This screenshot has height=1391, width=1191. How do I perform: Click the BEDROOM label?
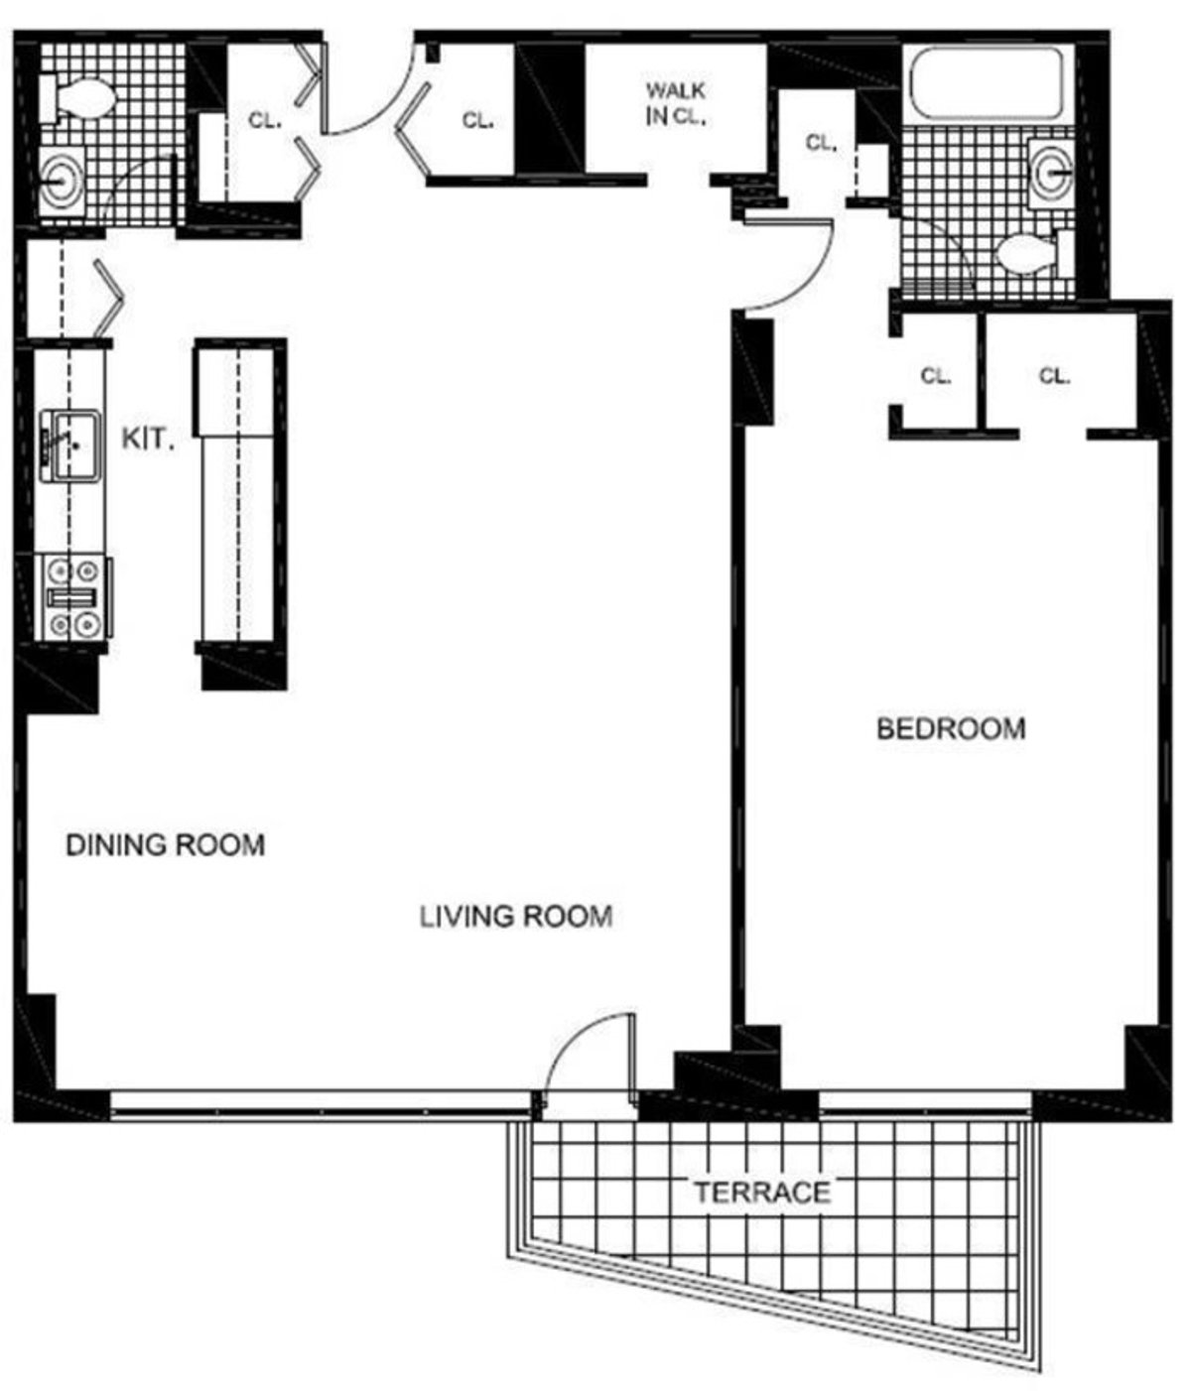(x=950, y=729)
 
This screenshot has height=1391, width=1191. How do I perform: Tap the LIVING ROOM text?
(x=515, y=916)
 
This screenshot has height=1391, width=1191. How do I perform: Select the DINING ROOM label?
(x=165, y=845)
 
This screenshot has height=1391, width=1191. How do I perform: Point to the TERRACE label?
(x=761, y=1191)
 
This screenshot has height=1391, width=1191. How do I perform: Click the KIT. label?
(x=148, y=439)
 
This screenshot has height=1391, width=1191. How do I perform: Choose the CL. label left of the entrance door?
(x=265, y=121)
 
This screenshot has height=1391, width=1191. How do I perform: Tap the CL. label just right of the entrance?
(x=477, y=121)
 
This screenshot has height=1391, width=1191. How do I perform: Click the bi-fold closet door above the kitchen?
(x=108, y=295)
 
